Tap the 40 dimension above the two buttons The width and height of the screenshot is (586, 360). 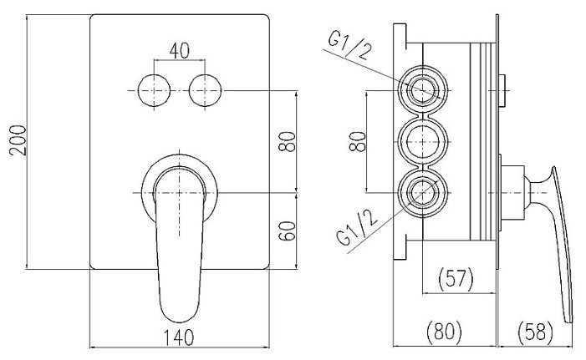tap(178, 50)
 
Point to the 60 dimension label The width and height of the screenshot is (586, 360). tap(288, 231)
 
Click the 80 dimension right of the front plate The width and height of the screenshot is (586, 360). tap(288, 140)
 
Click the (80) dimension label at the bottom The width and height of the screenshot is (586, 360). tap(445, 332)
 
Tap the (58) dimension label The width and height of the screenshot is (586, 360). tap(535, 332)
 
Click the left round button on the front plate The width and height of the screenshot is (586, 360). tap(153, 89)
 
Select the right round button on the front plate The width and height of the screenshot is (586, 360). tap(205, 89)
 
